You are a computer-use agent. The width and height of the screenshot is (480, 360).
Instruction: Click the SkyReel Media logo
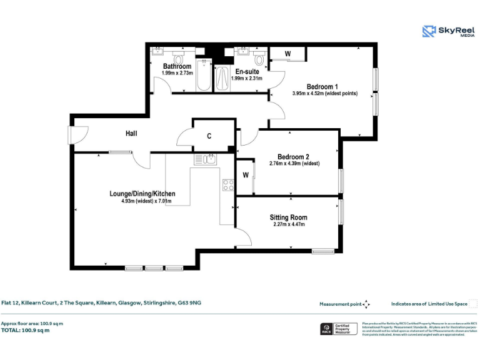[447, 31]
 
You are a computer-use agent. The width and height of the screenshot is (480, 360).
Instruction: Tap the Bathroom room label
[177, 66]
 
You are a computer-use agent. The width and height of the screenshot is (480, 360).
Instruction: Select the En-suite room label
[247, 71]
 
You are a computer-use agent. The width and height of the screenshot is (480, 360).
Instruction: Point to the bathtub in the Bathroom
[204, 76]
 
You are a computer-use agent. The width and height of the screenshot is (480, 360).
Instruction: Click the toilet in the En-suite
[259, 59]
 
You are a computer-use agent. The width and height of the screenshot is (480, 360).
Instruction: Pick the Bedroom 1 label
[322, 86]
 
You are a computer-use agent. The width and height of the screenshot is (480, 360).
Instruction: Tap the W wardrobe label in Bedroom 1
[287, 54]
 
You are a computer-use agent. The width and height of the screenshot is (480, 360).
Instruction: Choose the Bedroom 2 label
[294, 156]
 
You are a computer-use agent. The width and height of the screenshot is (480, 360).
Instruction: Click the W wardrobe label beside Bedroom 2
[246, 174]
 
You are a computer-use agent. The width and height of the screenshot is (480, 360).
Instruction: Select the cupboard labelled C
[209, 136]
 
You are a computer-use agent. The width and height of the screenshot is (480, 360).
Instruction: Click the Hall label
[131, 134]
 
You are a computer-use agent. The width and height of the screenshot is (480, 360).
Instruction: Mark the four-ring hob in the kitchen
[228, 184]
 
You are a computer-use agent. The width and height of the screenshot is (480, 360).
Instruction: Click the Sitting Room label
[288, 217]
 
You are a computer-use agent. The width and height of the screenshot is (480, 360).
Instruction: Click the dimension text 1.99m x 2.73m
[177, 73]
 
